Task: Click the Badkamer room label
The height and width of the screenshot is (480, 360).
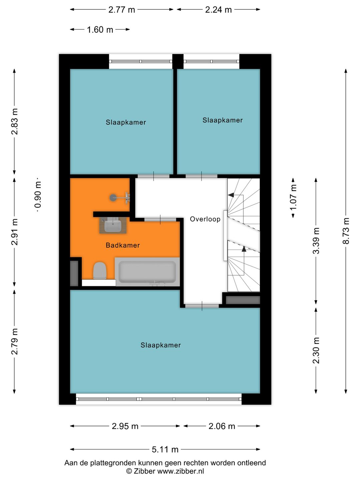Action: (x=123, y=245)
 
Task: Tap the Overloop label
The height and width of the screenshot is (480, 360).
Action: (x=205, y=219)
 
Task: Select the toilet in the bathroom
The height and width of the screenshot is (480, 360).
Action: (x=99, y=270)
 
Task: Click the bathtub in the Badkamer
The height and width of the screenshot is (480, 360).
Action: (x=147, y=272)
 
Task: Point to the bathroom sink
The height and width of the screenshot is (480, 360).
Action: (x=113, y=225)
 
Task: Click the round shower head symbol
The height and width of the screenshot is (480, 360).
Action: (x=113, y=198)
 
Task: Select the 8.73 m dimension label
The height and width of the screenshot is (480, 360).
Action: (x=346, y=231)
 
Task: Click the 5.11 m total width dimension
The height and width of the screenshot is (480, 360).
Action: (x=165, y=449)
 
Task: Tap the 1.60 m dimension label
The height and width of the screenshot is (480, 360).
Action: (x=100, y=30)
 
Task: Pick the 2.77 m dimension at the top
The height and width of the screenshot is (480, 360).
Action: (x=122, y=10)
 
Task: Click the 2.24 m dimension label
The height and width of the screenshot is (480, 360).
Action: (x=218, y=10)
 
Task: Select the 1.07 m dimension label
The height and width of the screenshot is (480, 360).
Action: (x=293, y=198)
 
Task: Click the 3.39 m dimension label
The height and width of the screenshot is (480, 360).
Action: (x=316, y=241)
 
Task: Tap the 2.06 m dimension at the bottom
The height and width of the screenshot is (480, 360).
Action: (x=222, y=426)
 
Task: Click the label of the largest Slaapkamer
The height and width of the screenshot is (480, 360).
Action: (x=161, y=345)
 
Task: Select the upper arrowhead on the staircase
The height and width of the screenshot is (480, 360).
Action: (x=231, y=195)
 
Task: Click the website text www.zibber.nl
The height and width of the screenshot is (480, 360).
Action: (x=180, y=471)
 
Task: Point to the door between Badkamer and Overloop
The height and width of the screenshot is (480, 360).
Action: (x=160, y=219)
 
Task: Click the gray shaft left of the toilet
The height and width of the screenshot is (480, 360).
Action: (x=74, y=273)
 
